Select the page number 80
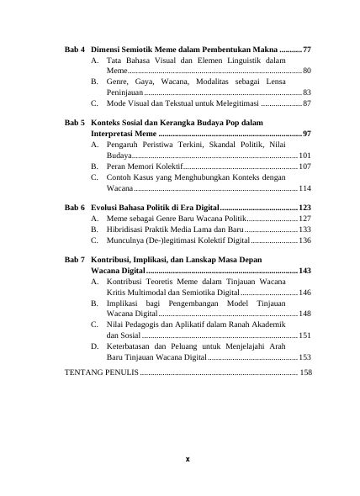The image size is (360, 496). coord(307,72)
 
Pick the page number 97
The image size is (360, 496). coord(307,135)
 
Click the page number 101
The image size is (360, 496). coord(305,156)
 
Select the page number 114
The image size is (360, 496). coord(305,188)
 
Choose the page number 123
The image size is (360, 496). coord(305,208)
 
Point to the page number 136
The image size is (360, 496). coord(305,240)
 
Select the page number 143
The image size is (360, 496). coord(305,272)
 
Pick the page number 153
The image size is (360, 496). coord(305,356)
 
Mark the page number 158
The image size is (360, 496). coord(306,372)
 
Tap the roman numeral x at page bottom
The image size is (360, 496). coord(188,460)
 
